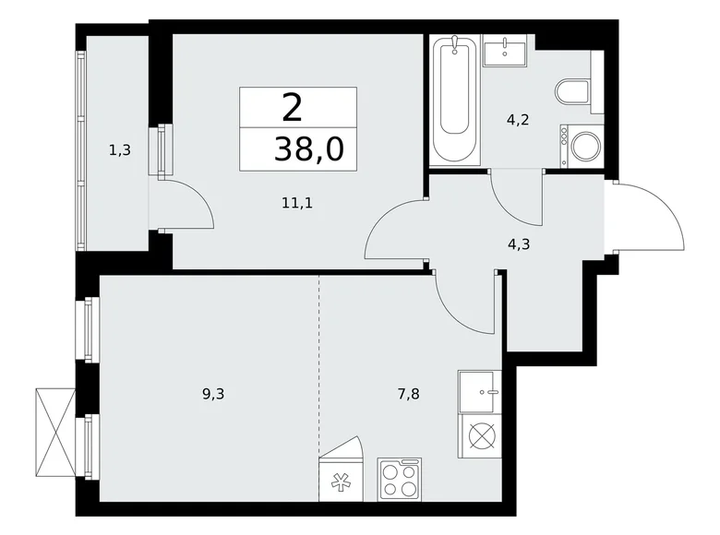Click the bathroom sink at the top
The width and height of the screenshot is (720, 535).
[506, 50]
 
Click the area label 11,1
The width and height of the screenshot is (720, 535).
[297, 203]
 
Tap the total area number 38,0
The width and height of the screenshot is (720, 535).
[308, 148]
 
